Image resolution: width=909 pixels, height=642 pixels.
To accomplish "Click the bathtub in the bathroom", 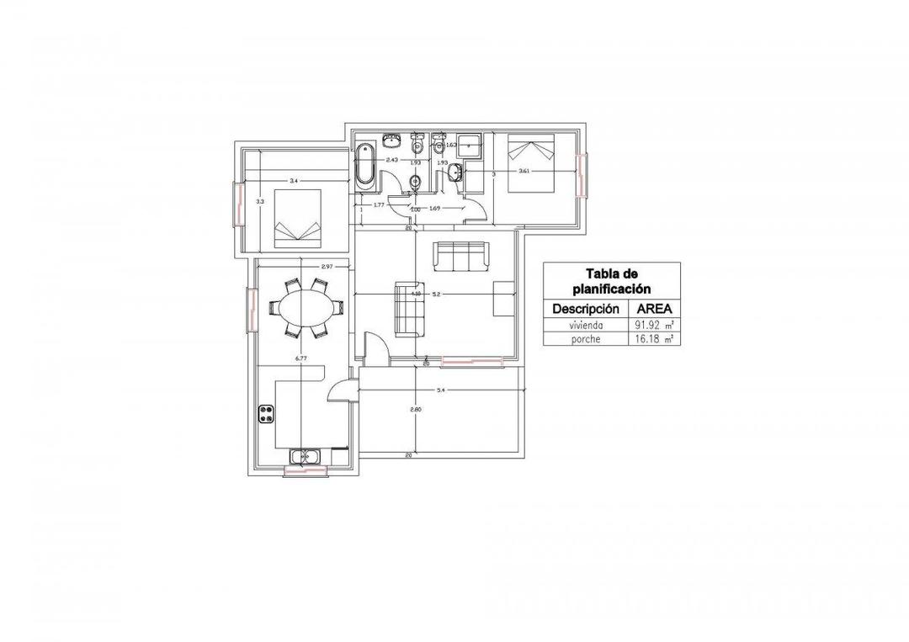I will click(x=365, y=164).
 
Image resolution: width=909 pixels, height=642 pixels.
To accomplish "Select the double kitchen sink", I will click(x=305, y=457).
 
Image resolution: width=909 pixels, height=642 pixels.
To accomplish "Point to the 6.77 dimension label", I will click(x=298, y=358).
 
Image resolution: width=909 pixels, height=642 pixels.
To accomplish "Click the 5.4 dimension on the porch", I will click(x=440, y=390).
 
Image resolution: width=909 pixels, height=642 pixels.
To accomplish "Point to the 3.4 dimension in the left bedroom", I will click(x=293, y=181).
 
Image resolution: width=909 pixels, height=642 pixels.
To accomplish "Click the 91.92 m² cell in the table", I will click(x=653, y=324).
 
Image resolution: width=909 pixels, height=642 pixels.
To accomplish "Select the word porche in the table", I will click(x=585, y=339).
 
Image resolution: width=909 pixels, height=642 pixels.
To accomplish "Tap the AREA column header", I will click(x=653, y=308).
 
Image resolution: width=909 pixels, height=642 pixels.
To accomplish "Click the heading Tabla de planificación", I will click(x=611, y=281).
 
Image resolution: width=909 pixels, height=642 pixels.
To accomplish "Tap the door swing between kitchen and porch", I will click(x=339, y=390).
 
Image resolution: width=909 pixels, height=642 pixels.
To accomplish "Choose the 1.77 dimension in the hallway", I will click(x=379, y=204).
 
